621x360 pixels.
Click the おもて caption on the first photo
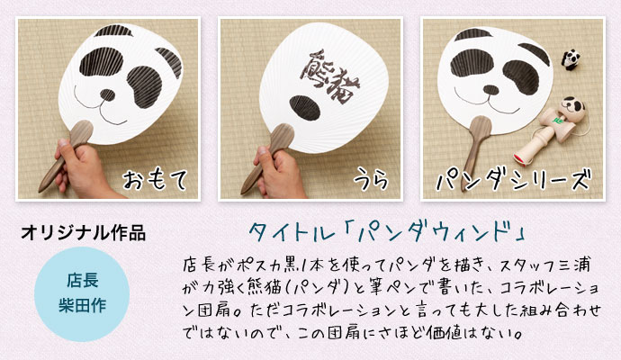click(x=155, y=181)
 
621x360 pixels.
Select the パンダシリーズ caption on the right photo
click(x=514, y=180)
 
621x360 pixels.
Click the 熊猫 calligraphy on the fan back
click(x=330, y=76)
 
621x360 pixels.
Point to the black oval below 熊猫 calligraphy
click(x=305, y=108)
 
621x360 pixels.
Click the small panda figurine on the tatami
click(x=571, y=59)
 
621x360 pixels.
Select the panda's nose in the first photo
click(x=107, y=94)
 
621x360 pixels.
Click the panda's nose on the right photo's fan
click(x=491, y=90)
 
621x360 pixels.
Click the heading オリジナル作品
click(x=83, y=232)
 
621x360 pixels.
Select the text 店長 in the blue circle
click(x=83, y=281)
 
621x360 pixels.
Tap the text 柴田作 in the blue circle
click(x=83, y=305)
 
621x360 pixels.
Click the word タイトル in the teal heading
click(x=292, y=232)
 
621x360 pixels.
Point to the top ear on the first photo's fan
click(x=113, y=31)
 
